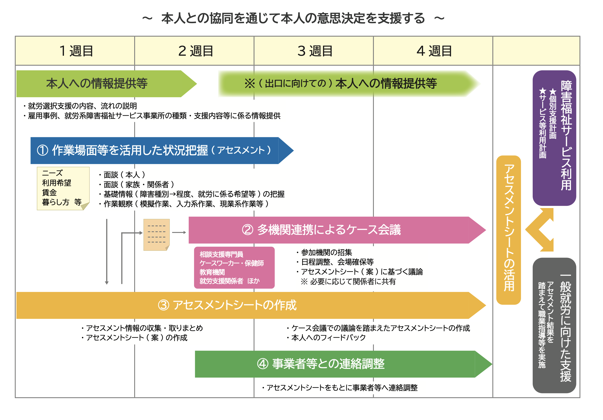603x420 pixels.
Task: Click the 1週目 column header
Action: pos(76,51)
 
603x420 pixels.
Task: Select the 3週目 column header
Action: pos(315,51)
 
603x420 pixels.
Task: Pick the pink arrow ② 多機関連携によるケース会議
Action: pos(328,230)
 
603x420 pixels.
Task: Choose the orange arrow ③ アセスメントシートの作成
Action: pos(236,305)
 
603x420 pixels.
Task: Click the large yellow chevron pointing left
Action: pos(540,230)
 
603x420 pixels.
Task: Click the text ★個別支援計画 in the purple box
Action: pos(552,114)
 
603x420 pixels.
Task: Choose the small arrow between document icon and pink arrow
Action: pos(179,232)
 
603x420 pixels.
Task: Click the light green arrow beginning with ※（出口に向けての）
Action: pos(342,84)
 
